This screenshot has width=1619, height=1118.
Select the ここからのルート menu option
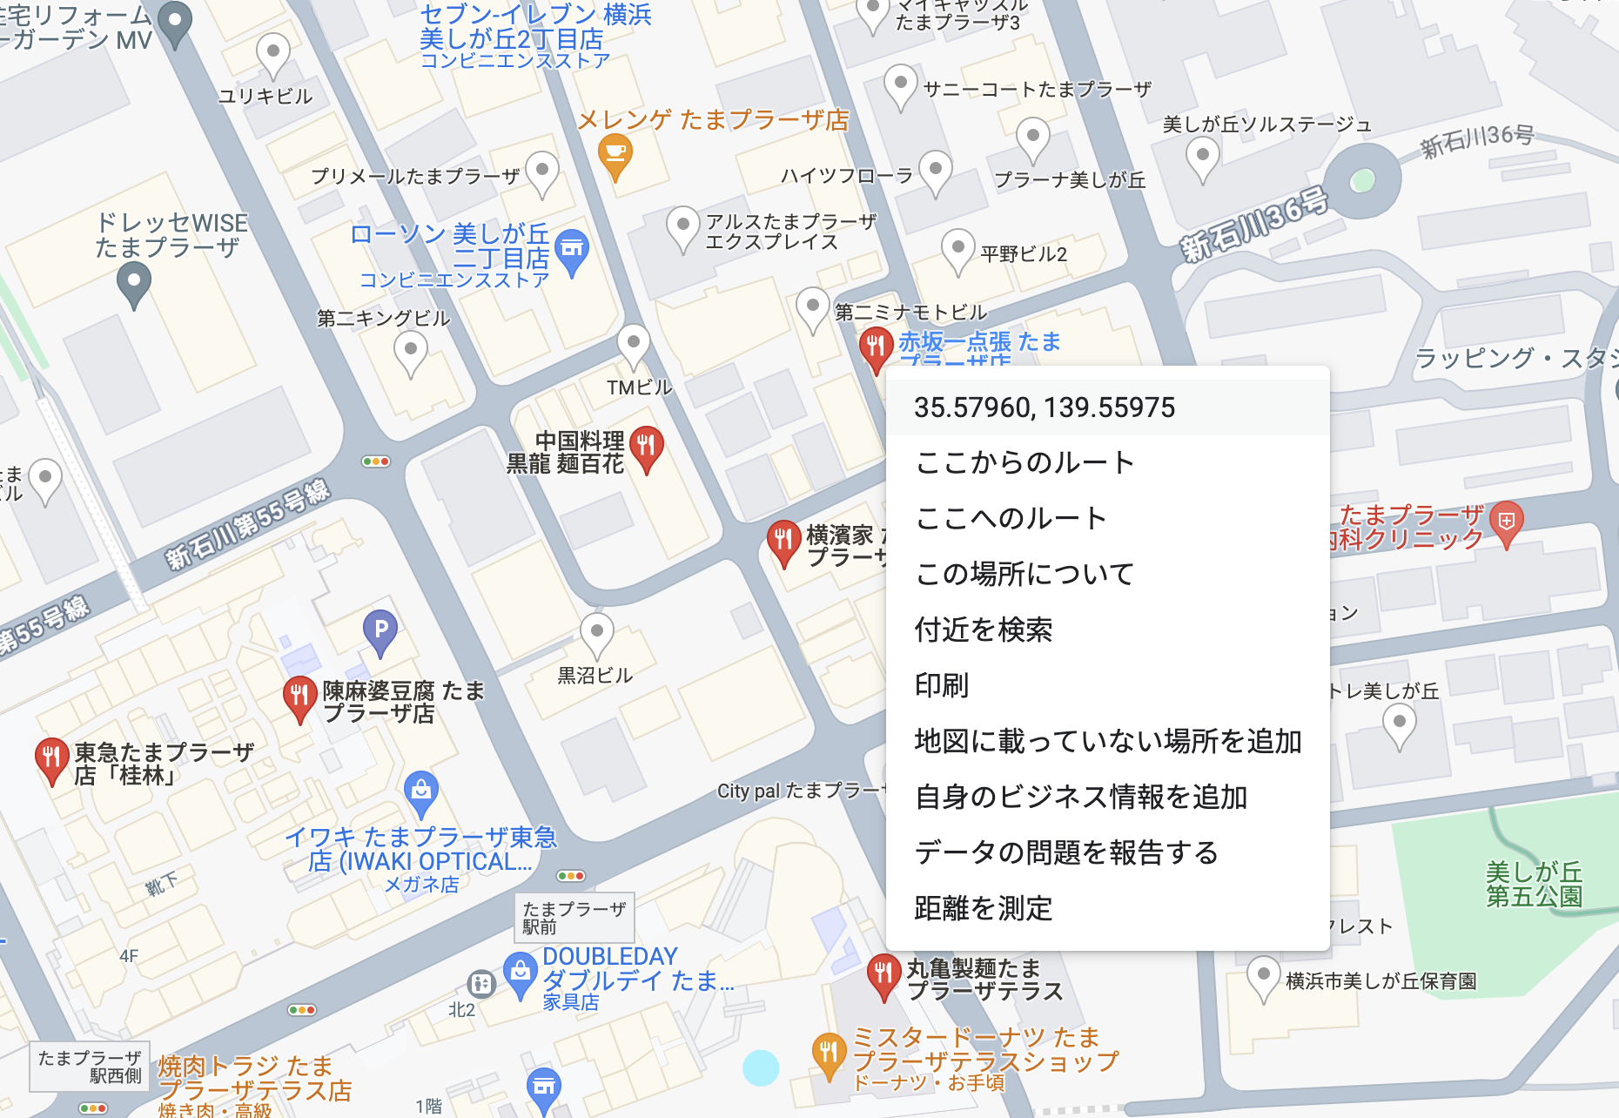click(1024, 462)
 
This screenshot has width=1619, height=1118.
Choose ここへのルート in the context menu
click(1011, 518)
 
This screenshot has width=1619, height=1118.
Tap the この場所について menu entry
click(1024, 574)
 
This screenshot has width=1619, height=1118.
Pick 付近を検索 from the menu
click(984, 630)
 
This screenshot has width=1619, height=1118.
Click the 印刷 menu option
click(942, 685)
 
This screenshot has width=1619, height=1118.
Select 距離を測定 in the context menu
click(984, 908)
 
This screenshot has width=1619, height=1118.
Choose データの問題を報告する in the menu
click(1066, 852)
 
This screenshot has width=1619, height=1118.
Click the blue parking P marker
click(380, 630)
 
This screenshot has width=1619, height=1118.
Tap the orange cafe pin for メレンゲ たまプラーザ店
click(615, 155)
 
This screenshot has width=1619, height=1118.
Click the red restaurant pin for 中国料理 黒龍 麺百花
click(646, 447)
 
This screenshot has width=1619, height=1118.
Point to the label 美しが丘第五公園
click(1534, 884)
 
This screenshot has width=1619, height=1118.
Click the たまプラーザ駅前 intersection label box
click(574, 918)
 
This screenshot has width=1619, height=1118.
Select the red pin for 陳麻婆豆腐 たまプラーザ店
click(299, 697)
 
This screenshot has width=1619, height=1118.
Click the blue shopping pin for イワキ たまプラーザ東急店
click(421, 791)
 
